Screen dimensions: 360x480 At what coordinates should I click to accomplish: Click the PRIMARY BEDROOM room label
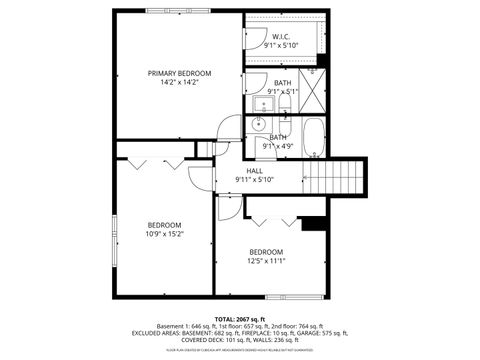(x=180, y=73)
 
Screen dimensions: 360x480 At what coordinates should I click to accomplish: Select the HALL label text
(x=254, y=170)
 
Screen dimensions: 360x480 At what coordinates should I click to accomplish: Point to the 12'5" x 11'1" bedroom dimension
(x=267, y=260)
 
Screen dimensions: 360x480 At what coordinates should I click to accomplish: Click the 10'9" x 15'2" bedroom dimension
(x=165, y=234)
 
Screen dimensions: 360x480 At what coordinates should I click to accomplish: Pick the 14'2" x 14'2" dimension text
(x=180, y=83)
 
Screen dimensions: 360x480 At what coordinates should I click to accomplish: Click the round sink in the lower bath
(x=256, y=125)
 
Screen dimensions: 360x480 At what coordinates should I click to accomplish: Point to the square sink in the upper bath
(x=267, y=103)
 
